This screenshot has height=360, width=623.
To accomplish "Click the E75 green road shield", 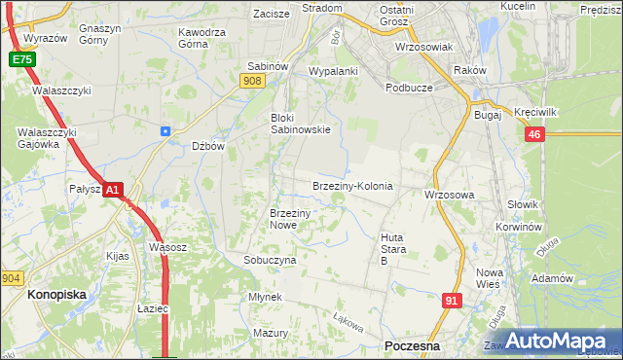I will pos(21,59).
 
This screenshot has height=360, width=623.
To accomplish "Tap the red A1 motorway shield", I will pos(113,191).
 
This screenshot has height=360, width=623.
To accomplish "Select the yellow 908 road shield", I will pos(253,83).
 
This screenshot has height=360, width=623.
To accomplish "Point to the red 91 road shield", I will pos(451,302).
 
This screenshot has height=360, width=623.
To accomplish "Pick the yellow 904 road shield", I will pos(12,277).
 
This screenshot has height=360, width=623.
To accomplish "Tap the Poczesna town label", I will pos(412,346).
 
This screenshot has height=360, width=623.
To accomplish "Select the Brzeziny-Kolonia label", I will pos(351,186).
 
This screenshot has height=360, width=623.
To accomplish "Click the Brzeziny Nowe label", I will pos(289,219).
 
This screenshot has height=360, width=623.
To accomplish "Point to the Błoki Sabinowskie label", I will pos(300,124).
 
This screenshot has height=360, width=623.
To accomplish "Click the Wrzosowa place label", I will pos(449,195).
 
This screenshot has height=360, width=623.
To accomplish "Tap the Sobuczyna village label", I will pos(270,261).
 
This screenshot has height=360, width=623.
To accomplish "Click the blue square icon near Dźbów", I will pos(165,130).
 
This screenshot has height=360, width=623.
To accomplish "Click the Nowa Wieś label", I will pos(488,278).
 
